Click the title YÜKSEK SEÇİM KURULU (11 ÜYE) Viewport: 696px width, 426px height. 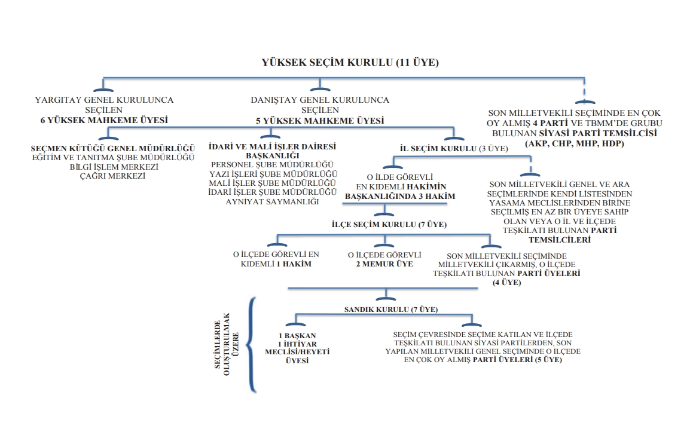[350, 62]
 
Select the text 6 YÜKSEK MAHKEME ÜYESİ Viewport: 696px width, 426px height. [104, 119]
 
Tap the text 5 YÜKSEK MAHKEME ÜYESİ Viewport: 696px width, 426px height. [320, 120]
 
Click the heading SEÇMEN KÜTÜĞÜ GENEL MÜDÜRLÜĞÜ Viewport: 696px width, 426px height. [113, 148]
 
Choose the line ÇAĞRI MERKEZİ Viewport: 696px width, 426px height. [113, 176]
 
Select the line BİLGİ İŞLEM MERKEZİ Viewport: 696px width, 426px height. [113, 167]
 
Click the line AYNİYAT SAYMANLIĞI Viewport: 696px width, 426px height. [271, 202]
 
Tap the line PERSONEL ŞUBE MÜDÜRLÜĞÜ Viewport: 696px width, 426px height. [273, 164]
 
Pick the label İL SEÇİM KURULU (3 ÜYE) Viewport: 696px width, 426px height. [453, 148]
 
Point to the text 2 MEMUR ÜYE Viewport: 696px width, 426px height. [384, 263]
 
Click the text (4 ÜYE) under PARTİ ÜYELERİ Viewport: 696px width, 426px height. [506, 282]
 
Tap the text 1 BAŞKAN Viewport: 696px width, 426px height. [297, 335]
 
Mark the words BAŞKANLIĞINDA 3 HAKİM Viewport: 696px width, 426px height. [400, 196]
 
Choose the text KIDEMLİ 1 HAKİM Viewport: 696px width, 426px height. [276, 263]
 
